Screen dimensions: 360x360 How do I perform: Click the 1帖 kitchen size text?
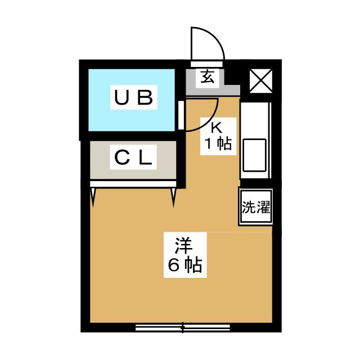[x=217, y=144]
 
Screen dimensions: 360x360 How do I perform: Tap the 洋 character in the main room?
[x=183, y=246]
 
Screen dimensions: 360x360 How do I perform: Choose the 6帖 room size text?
[x=183, y=264]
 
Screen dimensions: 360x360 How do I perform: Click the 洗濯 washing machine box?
[x=255, y=206]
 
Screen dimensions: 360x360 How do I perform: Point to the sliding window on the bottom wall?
[x=183, y=326]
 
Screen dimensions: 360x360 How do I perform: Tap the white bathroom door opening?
[x=181, y=115]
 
